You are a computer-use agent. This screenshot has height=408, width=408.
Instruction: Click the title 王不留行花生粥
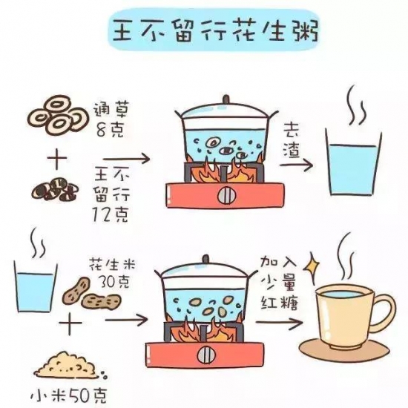[215, 31]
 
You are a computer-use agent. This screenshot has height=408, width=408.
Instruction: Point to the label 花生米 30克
[113, 272]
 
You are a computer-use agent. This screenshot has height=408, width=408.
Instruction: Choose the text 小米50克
[69, 396]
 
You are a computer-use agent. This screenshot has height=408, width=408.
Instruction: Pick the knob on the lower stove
[207, 355]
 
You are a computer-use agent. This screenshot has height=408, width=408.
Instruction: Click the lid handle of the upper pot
[226, 99]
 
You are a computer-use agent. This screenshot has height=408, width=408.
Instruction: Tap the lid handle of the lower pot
[205, 259]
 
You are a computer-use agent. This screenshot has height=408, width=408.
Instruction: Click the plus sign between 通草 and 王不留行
[57, 158]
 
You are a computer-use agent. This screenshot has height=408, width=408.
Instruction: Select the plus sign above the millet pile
[70, 323]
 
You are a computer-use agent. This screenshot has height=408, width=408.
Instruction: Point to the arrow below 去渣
[296, 165]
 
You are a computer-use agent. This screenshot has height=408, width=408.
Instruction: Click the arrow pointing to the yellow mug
[280, 323]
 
